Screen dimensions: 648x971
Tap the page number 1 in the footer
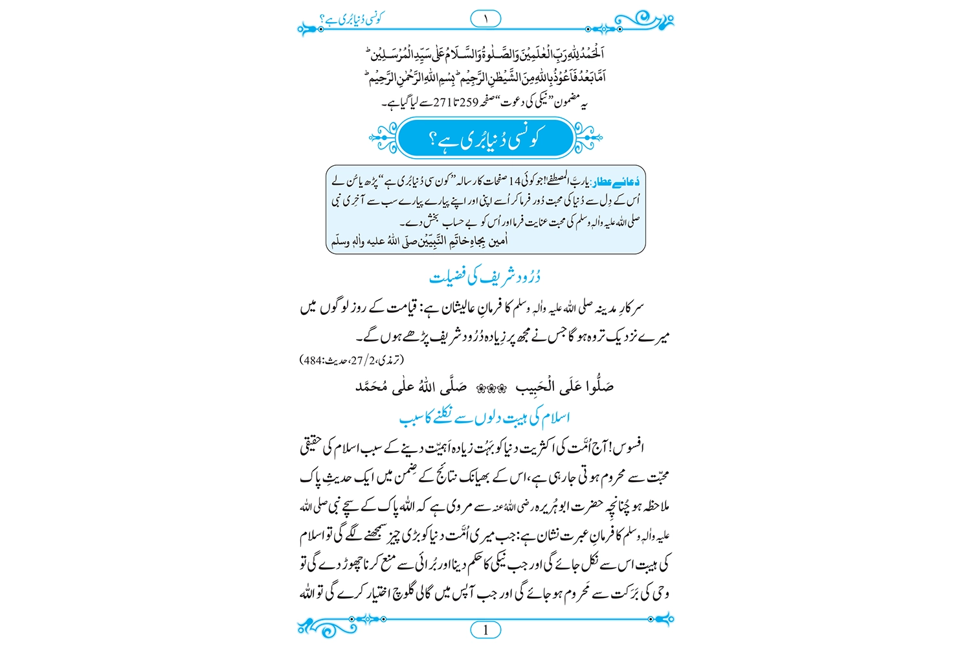pos(485,629)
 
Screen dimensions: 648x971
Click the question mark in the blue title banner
pos(433,139)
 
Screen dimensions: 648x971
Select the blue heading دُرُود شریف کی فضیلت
pos(485,277)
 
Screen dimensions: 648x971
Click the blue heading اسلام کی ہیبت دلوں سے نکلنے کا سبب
pos(485,418)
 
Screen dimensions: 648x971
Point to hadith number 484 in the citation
pos(314,360)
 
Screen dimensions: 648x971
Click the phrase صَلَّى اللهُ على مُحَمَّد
pos(411,388)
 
